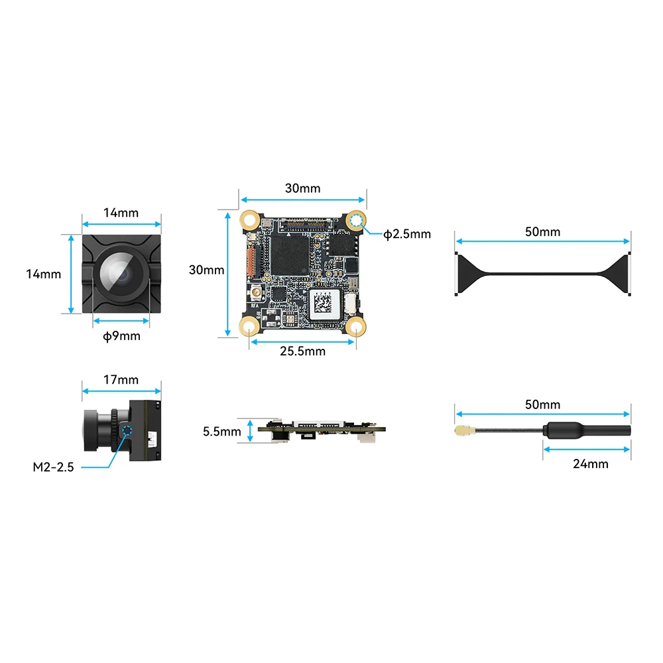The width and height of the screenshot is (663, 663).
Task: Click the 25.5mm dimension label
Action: pos(302,351)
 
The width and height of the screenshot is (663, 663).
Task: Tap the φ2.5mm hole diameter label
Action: pos(407,233)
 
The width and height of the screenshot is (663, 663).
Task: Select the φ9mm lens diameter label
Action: pos(122,336)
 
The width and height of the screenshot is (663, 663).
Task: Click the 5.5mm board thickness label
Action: pos(222,432)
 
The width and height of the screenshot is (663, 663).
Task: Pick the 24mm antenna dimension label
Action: pos(590,463)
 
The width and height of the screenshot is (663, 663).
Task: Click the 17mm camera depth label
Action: pos(121,380)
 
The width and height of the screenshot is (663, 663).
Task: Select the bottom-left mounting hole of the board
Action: pos(250,327)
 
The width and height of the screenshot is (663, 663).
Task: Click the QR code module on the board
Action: pos(324,304)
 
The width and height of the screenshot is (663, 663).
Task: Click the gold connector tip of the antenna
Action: pos(459,431)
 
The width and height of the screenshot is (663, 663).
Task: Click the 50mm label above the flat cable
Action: pos(542,232)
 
